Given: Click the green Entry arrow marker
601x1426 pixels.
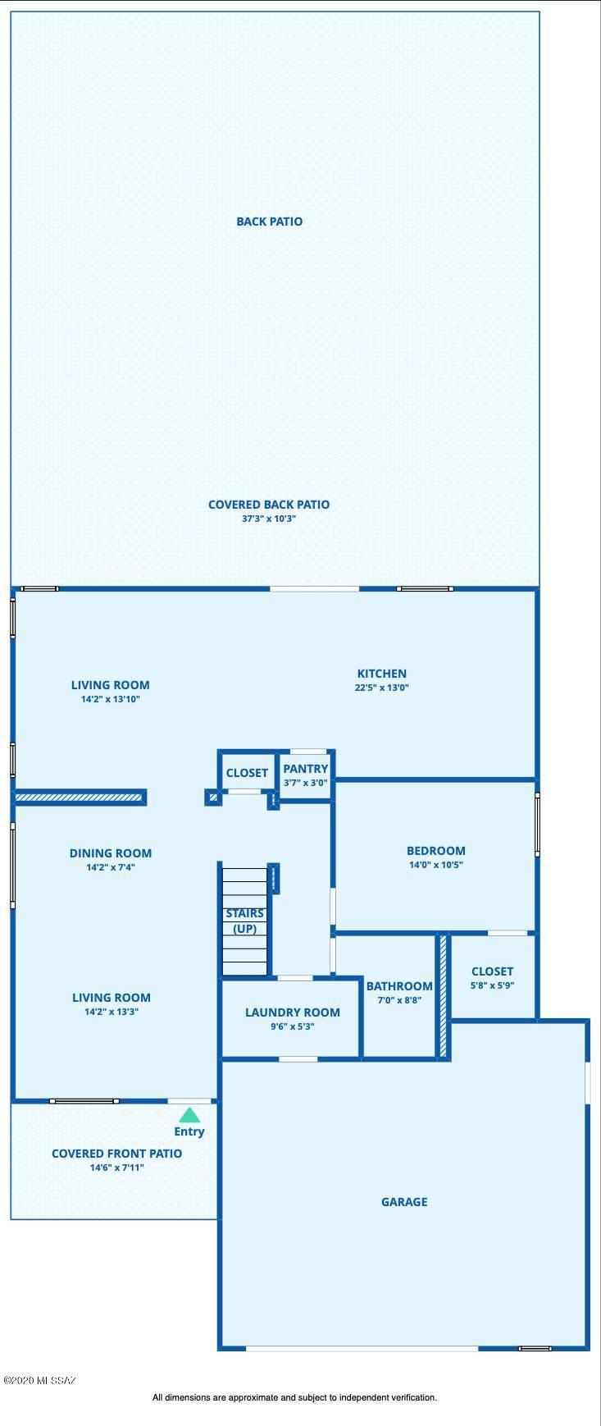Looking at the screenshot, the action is point(189,1115).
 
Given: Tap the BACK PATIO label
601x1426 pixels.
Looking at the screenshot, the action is point(269,222).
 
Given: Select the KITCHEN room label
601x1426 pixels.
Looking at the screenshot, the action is point(381,674).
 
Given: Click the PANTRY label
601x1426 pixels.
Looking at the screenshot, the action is point(306,769).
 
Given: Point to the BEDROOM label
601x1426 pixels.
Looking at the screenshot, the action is point(436,851).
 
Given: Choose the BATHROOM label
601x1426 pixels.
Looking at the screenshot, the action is point(399,986).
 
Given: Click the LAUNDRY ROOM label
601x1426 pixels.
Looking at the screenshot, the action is point(292,1012).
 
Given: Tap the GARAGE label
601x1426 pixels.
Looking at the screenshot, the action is point(404,1202).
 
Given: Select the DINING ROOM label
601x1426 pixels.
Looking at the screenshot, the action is point(111,853).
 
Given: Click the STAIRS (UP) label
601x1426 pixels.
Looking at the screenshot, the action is point(245,921).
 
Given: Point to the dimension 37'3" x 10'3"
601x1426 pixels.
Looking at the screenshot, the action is point(269,519).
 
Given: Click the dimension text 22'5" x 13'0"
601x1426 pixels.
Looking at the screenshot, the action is point(381,688).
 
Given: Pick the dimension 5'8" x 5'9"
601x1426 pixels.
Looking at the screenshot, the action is point(492,985).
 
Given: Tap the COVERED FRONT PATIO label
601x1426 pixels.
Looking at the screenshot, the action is point(117,1154).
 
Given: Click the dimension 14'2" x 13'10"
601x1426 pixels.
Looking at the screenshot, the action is point(111,699).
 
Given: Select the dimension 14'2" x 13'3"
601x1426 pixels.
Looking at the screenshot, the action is point(112,1012).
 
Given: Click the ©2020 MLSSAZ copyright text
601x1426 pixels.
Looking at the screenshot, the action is point(39,1381).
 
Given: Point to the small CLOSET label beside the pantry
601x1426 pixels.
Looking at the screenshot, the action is point(247,773).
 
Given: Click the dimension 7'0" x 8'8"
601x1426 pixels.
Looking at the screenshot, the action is point(399,1000).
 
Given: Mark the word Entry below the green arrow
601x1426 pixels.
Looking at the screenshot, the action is point(189,1132).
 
